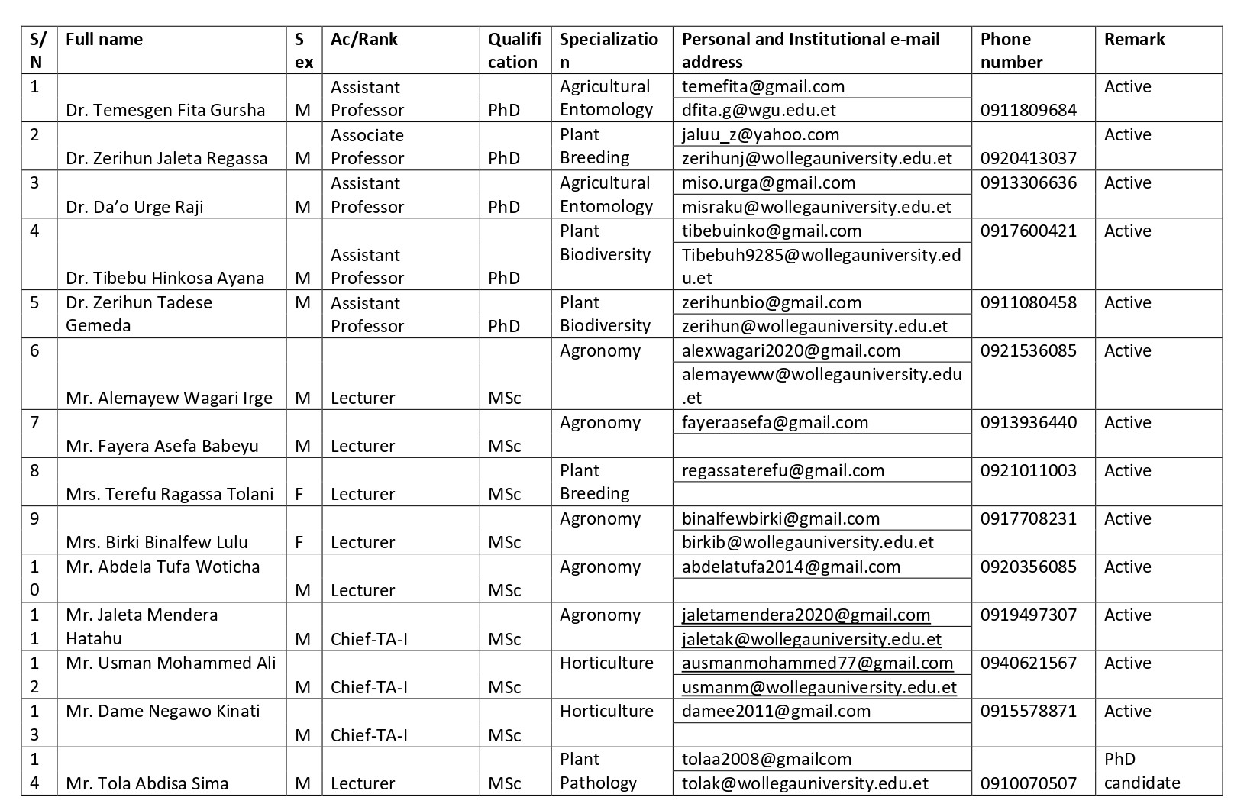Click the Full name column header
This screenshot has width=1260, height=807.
[x=104, y=40]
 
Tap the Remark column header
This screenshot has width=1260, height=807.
[x=1134, y=40]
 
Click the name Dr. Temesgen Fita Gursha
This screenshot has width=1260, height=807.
[x=165, y=110]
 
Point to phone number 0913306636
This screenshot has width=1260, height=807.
[x=1028, y=183]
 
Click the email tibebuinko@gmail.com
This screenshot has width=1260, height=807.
[x=771, y=231]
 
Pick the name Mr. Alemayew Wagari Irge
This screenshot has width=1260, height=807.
[x=169, y=398]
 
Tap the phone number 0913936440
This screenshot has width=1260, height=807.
[x=1028, y=423]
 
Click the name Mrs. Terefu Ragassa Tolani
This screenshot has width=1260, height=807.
[x=170, y=494]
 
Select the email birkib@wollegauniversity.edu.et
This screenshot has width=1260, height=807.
[x=808, y=542]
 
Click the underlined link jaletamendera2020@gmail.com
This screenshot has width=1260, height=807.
[x=806, y=615]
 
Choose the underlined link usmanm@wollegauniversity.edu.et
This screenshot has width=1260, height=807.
[x=819, y=687]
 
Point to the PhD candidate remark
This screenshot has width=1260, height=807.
[x=1142, y=771]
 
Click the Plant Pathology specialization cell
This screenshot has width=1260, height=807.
[x=598, y=771]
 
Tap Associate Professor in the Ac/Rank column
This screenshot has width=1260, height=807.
[x=367, y=147]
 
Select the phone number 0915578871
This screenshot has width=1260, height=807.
[x=1028, y=712]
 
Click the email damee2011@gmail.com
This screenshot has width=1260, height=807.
[x=776, y=712]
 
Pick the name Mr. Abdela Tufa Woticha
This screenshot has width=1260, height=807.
[x=163, y=567]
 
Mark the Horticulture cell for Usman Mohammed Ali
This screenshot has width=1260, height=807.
[x=606, y=663]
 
